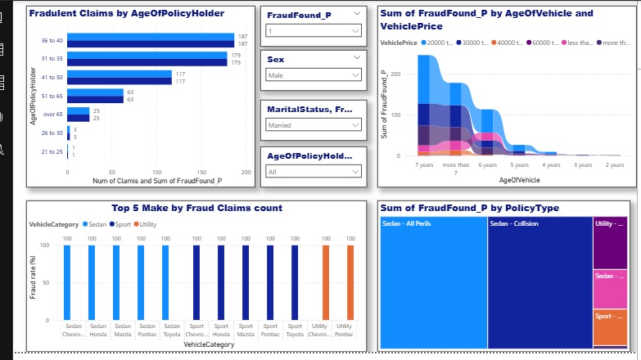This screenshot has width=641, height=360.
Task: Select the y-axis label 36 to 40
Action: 52,40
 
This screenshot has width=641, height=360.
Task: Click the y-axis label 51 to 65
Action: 52,96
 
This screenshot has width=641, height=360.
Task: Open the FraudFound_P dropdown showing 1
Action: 314,30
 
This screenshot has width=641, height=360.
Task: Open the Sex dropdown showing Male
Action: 314,75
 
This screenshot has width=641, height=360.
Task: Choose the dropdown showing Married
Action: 314,125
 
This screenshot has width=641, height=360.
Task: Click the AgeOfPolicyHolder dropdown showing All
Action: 314,172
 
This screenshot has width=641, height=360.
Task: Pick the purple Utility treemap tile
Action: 610,242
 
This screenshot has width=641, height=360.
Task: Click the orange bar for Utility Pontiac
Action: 350,282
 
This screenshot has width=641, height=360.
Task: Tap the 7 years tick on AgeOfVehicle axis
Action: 424,164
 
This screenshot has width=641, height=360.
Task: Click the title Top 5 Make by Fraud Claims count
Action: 196,208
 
